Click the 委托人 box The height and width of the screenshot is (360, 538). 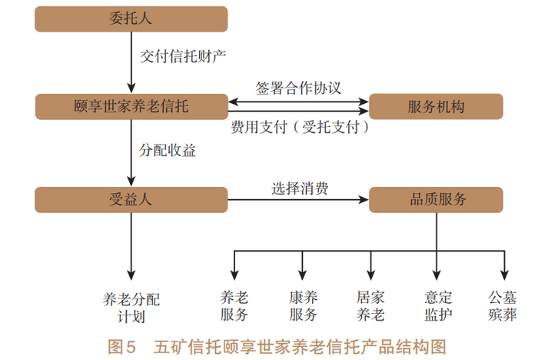(131, 19)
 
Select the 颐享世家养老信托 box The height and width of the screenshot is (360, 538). (131, 106)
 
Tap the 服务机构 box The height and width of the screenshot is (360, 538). (436, 106)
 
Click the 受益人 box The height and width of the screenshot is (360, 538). (131, 199)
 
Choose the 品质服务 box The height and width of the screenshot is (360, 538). (436, 199)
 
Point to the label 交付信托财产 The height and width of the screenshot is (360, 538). (183, 56)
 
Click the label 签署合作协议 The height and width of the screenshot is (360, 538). (298, 88)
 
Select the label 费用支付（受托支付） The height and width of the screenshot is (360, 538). (300, 127)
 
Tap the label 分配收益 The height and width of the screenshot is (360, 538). (167, 150)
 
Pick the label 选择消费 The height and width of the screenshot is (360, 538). (300, 188)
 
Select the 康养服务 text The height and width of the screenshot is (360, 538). (303, 305)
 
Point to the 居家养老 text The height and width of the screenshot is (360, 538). (370, 305)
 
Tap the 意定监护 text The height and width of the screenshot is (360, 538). (438, 305)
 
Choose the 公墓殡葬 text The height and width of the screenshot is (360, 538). (503, 305)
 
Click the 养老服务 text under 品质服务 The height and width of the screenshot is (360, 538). (234, 305)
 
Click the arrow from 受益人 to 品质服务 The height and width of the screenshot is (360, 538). (298, 199)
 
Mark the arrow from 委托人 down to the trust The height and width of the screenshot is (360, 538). (131, 62)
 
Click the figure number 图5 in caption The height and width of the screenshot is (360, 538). (121, 347)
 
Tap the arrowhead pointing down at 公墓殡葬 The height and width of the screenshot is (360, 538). (504, 275)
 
